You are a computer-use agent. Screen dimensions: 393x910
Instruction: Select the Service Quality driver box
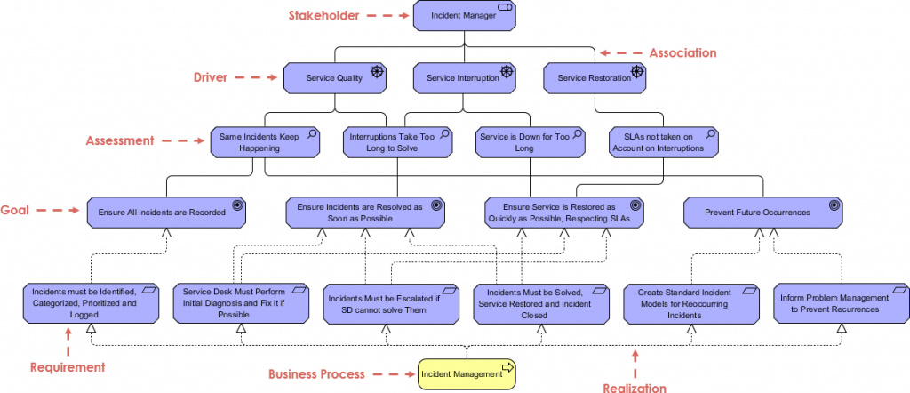coord(335,77)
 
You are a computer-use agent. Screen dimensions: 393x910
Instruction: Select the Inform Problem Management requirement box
coord(836,302)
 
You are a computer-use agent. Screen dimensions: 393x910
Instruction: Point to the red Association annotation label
coord(682,53)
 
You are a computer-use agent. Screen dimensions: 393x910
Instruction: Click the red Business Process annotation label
coord(316,374)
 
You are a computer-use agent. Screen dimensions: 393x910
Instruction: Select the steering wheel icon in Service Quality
coord(376,71)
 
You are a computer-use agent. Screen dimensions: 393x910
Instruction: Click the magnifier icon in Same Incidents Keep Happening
coord(312,134)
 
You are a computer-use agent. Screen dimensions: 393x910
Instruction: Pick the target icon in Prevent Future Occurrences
coord(834,205)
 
